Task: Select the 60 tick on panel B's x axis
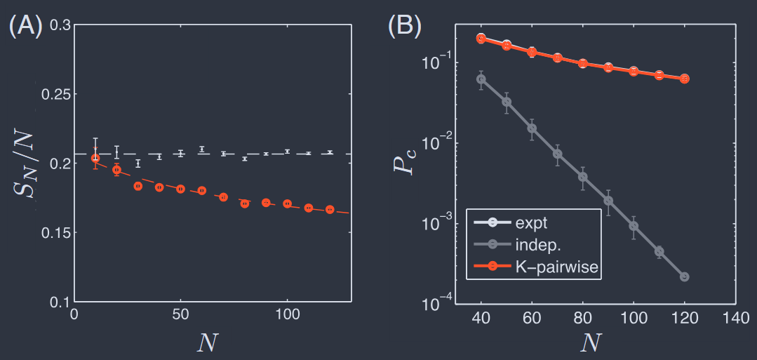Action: pyautogui.click(x=531, y=316)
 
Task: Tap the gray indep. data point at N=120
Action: pyautogui.click(x=684, y=276)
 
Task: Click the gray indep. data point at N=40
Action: pyautogui.click(x=481, y=79)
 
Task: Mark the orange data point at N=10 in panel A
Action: pyautogui.click(x=95, y=158)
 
